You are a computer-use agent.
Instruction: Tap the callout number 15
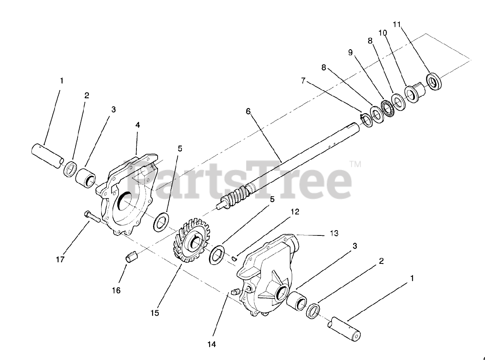[x=154, y=313]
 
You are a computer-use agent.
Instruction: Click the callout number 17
[x=60, y=260]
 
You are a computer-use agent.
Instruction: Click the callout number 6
[x=248, y=111]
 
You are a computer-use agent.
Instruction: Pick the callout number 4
[x=138, y=125]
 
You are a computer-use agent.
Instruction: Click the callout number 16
[x=116, y=290]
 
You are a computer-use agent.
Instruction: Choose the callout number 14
[x=211, y=344]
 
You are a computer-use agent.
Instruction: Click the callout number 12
[x=295, y=212]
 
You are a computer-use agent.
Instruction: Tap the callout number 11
[x=396, y=25]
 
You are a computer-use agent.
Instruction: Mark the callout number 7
[x=303, y=81]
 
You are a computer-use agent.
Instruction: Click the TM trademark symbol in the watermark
[x=355, y=164]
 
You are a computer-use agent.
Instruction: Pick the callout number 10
[x=383, y=33]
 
